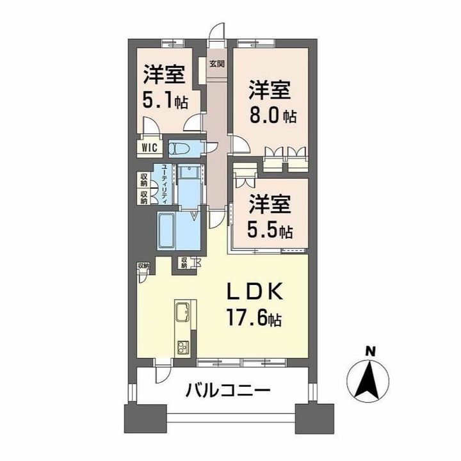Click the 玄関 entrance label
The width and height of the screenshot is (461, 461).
(x=216, y=63)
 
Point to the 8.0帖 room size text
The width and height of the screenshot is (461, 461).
(x=272, y=117)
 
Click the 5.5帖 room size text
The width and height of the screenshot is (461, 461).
(x=271, y=229)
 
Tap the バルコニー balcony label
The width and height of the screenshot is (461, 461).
(x=229, y=388)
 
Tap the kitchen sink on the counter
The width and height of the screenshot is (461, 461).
(x=180, y=313)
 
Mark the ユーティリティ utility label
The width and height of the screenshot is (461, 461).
(x=164, y=184)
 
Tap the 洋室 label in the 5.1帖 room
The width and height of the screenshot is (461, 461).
(x=164, y=75)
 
